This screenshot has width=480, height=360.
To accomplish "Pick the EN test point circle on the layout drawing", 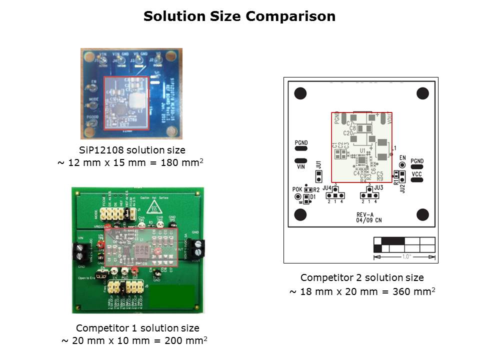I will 401,164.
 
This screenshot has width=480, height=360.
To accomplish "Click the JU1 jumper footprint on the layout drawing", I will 318,176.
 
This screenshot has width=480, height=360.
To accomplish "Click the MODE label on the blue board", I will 93,99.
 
